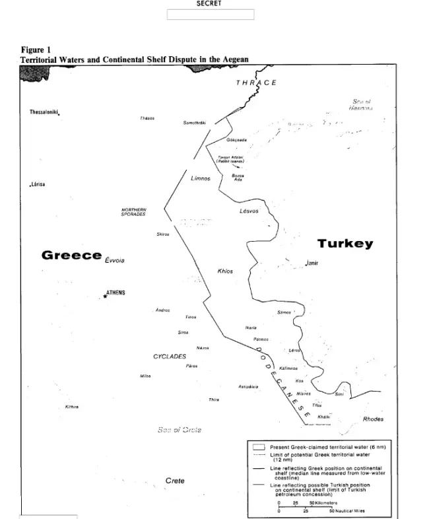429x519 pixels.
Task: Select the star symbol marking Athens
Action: [104, 296]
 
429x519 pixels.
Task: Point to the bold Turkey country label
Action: [345, 243]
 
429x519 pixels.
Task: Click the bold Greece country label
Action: [71, 254]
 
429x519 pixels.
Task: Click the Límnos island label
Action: [200, 179]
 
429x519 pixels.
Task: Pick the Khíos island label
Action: [225, 271]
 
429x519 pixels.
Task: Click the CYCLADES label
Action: [170, 356]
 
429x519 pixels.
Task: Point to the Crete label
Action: [174, 480]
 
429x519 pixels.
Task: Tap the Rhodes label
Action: [373, 419]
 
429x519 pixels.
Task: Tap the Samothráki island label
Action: [195, 123]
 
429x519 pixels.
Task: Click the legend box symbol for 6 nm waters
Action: [259, 446]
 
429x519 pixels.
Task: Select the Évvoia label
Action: [117, 260]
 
